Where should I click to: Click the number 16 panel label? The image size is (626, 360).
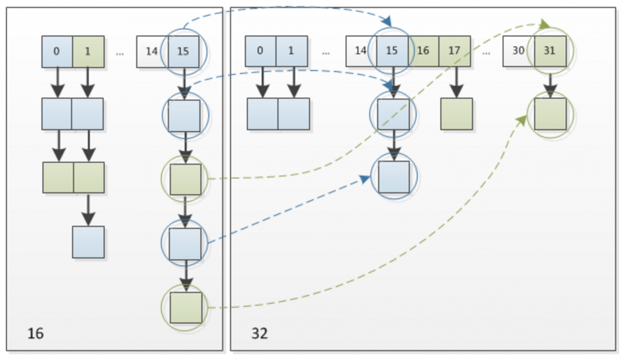[36, 333]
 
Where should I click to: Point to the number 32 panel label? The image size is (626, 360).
[260, 333]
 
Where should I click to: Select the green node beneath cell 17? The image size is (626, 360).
[456, 114]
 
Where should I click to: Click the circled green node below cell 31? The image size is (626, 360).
[550, 114]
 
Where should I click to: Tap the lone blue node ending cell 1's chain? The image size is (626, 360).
[88, 242]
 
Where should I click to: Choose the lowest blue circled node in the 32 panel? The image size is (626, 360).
[393, 177]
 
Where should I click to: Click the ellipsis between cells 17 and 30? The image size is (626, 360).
[486, 53]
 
